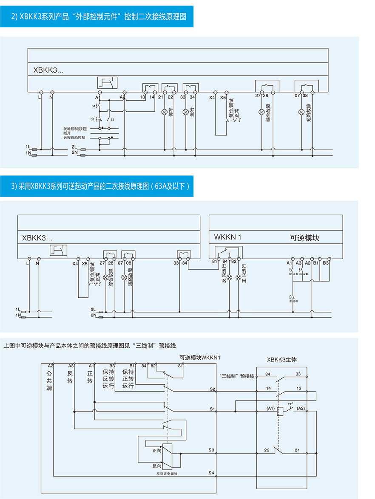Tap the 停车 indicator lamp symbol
[x=165, y=112]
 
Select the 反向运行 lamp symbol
[x=229, y=277]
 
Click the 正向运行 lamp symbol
[x=239, y=277]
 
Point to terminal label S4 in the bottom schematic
[x=212, y=472]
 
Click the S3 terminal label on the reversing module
[x=212, y=449]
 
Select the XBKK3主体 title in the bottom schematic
[x=282, y=359]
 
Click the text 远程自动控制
[x=74, y=138]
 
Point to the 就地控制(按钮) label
[x=76, y=128]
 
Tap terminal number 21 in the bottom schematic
[x=297, y=450]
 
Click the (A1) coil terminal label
[x=270, y=409]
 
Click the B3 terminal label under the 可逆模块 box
[x=326, y=263]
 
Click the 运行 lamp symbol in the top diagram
[x=185, y=112]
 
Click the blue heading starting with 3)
[x=97, y=186]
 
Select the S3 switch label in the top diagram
[x=113, y=119]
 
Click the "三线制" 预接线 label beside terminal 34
[x=237, y=376]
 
